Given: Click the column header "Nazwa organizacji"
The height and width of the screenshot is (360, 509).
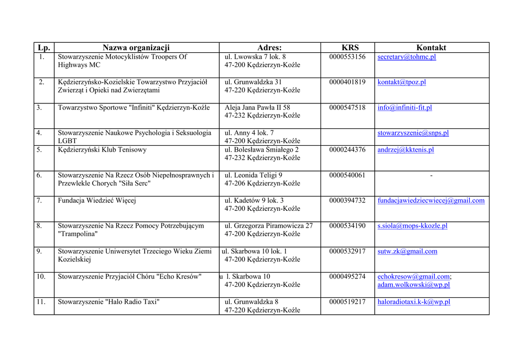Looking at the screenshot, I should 136,48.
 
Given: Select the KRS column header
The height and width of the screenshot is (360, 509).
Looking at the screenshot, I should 350,48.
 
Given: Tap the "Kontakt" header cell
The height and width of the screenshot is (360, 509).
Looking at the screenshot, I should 431,48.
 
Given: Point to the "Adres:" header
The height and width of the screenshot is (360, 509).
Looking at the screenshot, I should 269,48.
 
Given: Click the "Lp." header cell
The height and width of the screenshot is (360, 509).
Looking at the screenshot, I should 44,48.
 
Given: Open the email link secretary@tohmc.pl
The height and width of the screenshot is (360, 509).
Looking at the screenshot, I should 407,57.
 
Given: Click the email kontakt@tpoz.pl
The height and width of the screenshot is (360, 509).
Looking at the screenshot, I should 402,83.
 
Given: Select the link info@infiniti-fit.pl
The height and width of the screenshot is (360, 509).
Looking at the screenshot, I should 405,108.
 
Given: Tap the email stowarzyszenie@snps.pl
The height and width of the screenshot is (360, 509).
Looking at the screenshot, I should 413,133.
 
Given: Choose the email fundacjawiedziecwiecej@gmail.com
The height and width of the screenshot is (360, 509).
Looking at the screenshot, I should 431,201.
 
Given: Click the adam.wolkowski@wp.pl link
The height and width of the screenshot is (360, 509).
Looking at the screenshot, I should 414,285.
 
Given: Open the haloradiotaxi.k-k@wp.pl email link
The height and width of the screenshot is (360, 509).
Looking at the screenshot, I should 414,302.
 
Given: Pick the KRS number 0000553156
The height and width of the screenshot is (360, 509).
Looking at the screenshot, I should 347,57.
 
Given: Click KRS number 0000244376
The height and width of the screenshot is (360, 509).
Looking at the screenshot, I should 347,150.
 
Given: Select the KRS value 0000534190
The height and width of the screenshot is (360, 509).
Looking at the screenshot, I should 347,226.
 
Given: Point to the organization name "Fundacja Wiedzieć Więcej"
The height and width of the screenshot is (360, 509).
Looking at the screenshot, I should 97,201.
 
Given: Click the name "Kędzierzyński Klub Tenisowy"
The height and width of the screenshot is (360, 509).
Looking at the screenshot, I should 102,150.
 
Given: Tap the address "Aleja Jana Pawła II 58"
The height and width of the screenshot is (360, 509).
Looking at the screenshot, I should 257,108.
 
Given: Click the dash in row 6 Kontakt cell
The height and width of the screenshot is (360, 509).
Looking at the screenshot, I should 431,176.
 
